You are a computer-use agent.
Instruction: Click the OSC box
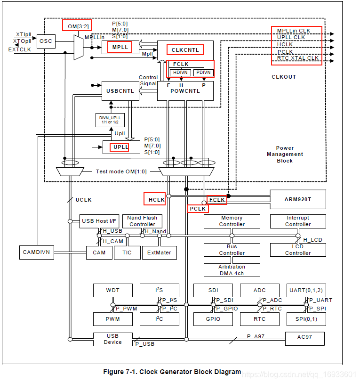tap(46, 41)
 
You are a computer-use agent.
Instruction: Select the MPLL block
tap(120, 47)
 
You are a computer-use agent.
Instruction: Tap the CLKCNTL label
tap(185, 50)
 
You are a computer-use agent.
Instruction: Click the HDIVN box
tap(180, 73)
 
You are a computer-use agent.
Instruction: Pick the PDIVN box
tap(203, 73)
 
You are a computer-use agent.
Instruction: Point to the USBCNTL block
tap(120, 91)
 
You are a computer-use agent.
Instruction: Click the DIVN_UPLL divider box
tap(110, 120)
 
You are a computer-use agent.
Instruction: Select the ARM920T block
tap(298, 199)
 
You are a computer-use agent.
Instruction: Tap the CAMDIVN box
tap(37, 253)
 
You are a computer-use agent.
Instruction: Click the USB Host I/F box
tap(99, 221)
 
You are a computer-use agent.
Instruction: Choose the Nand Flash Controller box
tap(142, 221)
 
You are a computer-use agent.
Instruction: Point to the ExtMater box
tap(159, 253)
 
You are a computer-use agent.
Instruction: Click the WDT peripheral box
tap(113, 290)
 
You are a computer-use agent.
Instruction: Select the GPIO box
tap(213, 319)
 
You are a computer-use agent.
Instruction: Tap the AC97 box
tap(304, 339)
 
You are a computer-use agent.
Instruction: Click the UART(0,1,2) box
tap(306, 290)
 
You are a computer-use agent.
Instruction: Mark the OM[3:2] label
tap(78, 26)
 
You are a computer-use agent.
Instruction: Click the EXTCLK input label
tap(19, 49)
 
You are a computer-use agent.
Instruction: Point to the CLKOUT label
tap(284, 77)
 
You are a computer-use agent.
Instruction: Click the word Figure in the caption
tap(113, 372)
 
